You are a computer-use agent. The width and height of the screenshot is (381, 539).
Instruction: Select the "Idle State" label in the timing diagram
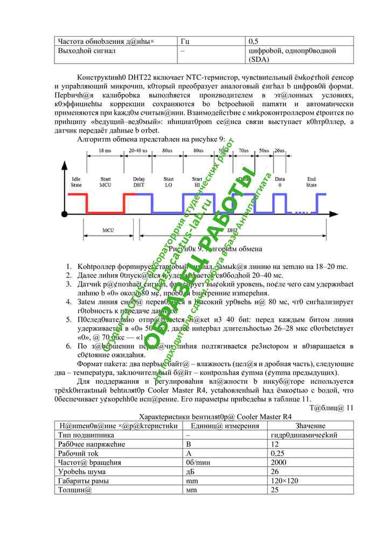(x=76, y=182)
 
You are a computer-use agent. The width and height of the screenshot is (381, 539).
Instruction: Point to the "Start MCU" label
(x=105, y=182)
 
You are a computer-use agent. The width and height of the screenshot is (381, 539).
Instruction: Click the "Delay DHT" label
(x=139, y=182)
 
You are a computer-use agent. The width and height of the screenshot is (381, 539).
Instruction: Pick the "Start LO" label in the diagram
(x=168, y=182)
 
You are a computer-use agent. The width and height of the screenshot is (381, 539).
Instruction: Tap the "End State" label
(x=311, y=182)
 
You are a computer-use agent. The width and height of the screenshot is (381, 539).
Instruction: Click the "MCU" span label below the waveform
(x=108, y=230)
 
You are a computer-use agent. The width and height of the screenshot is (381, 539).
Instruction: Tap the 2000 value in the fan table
(x=278, y=462)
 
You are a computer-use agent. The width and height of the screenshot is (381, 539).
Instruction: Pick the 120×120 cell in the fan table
(x=280, y=481)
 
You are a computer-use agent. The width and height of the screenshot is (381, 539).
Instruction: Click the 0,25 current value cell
(x=278, y=453)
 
